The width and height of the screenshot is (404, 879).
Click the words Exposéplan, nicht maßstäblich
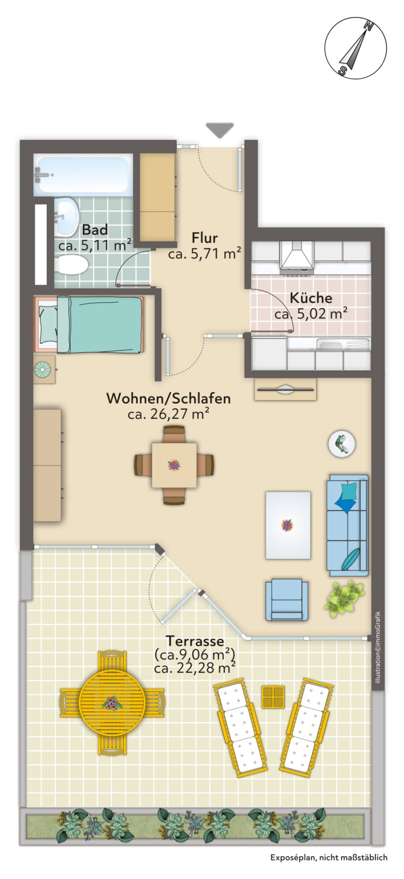point(329,864)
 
